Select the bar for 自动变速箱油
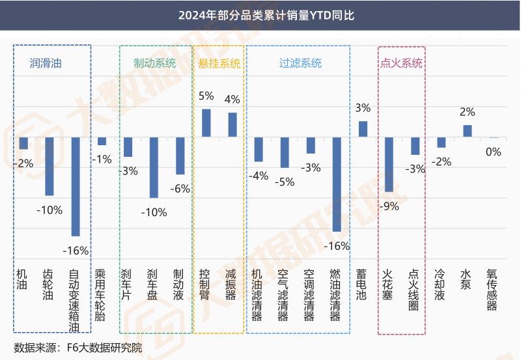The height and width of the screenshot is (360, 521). click(x=76, y=186)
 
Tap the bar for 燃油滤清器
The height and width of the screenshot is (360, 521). click(x=337, y=184)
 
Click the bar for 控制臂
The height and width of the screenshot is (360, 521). click(x=206, y=123)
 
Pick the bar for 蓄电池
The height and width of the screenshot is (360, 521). click(x=363, y=129)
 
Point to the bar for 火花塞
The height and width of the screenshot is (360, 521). click(x=389, y=164)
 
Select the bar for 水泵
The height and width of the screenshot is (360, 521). click(x=467, y=131)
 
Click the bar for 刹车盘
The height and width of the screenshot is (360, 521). click(x=154, y=167)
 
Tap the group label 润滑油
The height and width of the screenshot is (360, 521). click(x=46, y=63)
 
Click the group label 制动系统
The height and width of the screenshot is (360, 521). click(x=154, y=63)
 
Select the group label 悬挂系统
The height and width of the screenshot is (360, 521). click(x=219, y=63)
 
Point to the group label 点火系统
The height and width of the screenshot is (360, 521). click(x=401, y=63)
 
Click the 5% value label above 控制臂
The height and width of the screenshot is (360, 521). click(x=206, y=96)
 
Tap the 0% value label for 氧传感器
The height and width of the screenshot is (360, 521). click(x=494, y=152)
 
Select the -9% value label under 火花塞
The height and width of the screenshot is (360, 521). click(x=389, y=206)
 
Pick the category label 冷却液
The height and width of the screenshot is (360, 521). click(x=440, y=285)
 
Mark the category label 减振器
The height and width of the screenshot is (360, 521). click(x=231, y=285)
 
